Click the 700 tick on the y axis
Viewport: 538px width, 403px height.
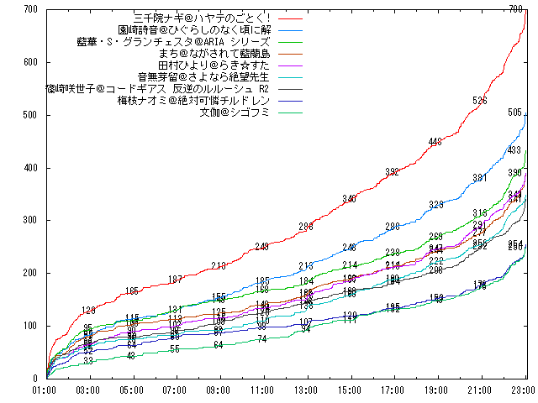30,9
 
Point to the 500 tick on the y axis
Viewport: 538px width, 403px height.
30,115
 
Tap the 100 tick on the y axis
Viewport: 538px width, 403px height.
30,326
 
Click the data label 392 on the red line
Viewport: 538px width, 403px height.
393,172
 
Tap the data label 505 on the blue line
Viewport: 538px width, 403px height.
515,113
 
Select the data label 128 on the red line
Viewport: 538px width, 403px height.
88,311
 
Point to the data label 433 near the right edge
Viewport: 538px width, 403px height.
515,150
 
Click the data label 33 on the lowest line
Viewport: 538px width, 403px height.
88,360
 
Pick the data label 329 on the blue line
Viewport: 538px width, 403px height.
436,205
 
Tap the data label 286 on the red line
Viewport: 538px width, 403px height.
306,227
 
